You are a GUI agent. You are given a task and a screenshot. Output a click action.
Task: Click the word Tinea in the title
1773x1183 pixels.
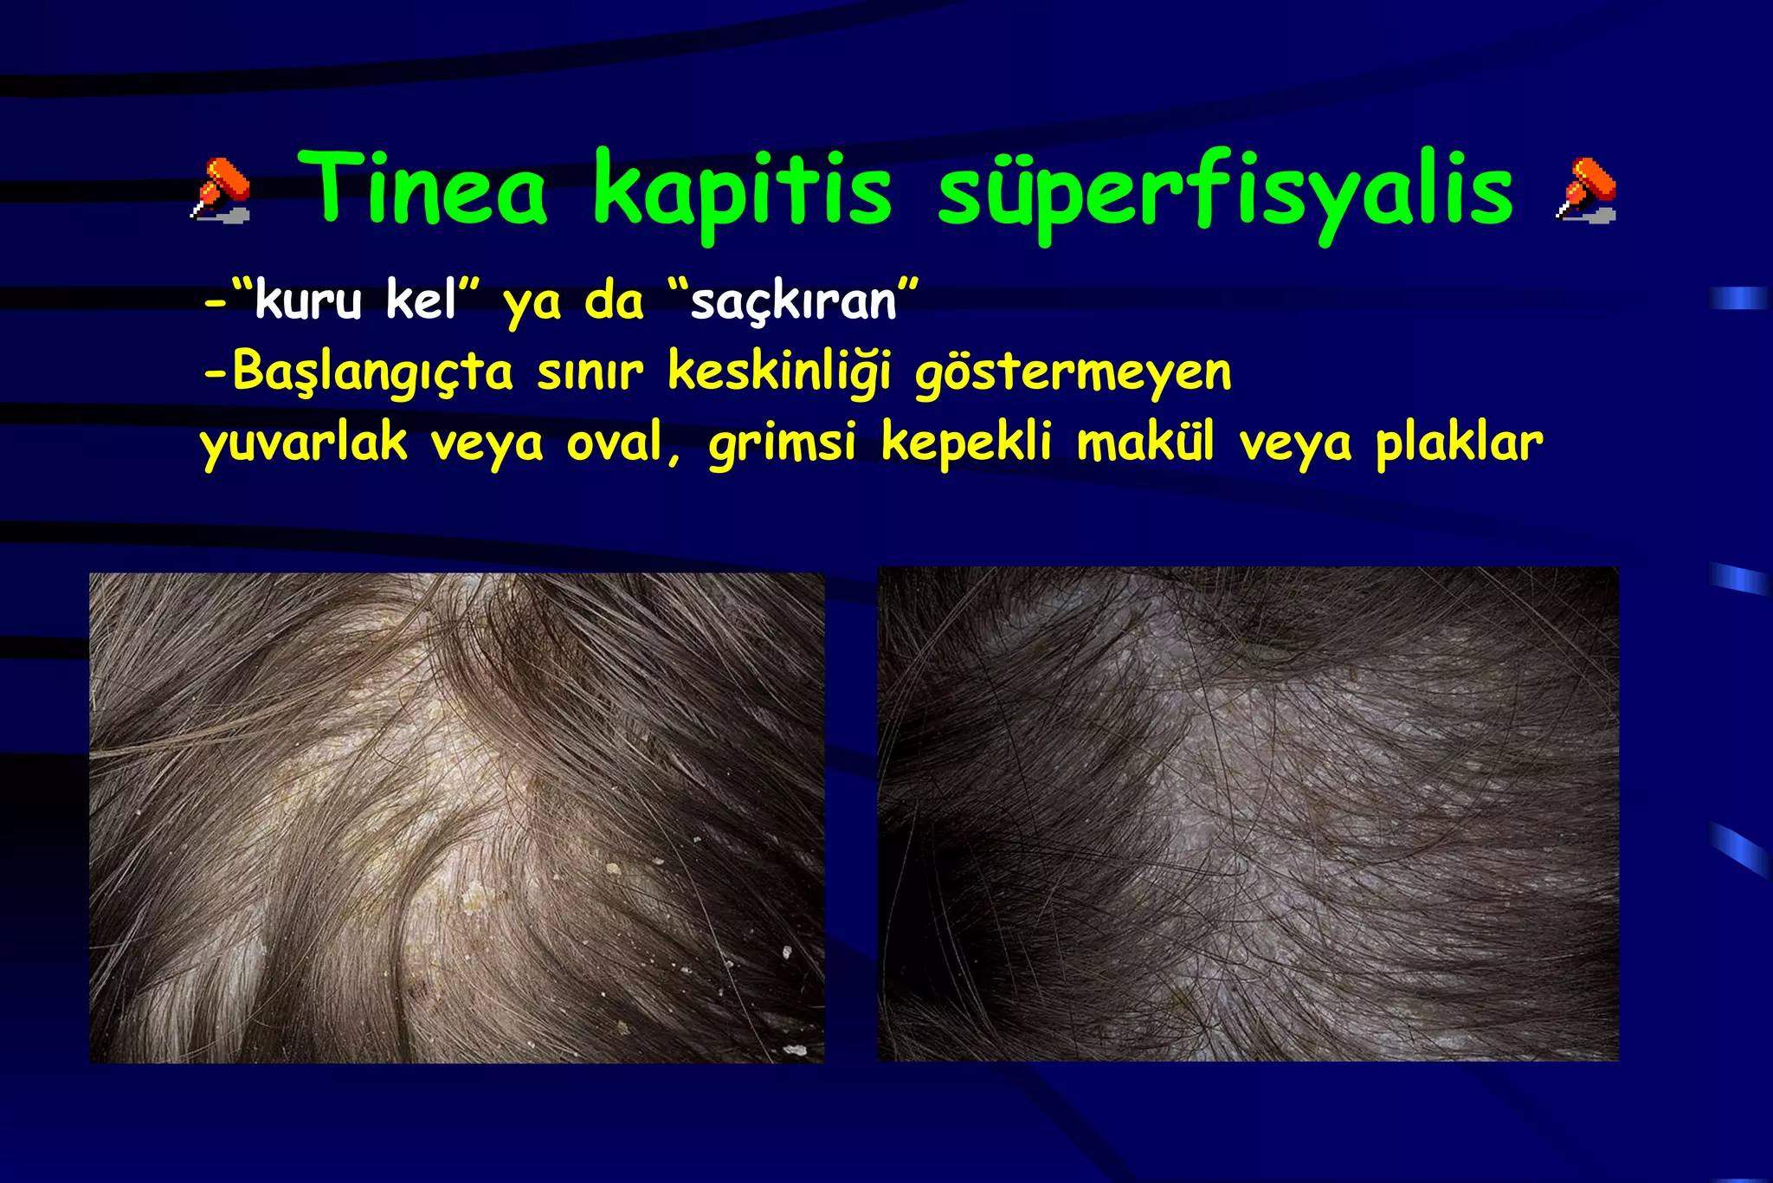(x=429, y=189)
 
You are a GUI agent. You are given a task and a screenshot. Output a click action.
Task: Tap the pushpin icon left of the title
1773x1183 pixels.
(x=221, y=190)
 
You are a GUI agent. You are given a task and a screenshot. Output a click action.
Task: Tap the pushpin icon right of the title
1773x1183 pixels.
(x=1586, y=190)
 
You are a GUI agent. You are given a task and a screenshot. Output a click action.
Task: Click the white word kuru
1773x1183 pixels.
(x=308, y=301)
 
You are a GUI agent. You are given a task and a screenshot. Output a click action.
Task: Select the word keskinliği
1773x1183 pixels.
(x=779, y=372)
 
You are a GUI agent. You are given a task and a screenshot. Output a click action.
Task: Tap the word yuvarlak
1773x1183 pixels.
(x=304, y=443)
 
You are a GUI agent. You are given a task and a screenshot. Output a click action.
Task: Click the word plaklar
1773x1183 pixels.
(x=1460, y=443)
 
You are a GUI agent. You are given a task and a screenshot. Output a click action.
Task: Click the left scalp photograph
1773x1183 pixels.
(x=457, y=818)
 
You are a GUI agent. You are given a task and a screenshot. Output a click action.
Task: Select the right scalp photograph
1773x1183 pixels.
(x=1248, y=814)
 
